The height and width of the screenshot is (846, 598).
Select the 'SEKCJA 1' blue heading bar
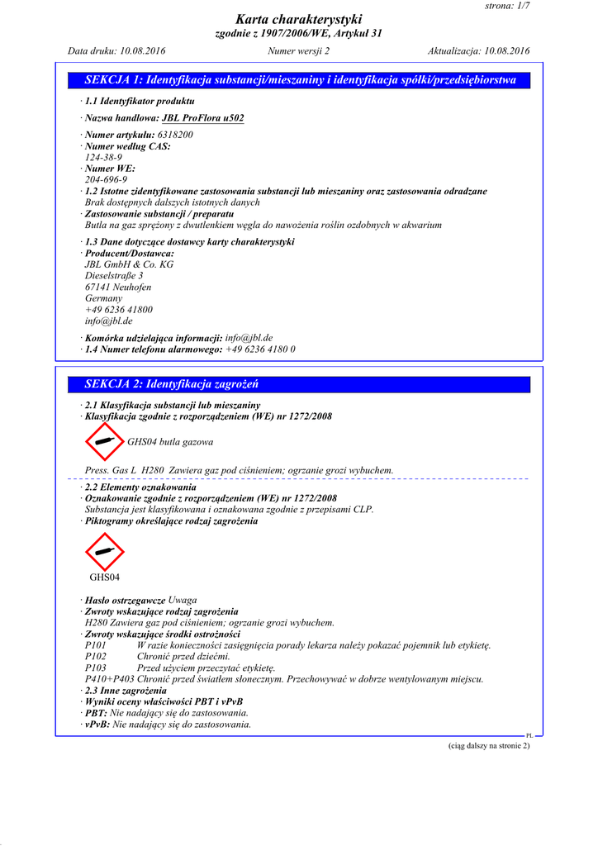(300, 80)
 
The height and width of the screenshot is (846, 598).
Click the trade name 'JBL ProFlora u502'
(202, 118)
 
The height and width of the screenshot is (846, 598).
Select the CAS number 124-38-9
(104, 157)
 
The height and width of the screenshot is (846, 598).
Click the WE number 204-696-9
(106, 179)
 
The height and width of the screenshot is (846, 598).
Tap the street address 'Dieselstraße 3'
(114, 276)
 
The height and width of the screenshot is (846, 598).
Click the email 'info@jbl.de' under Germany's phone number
(108, 321)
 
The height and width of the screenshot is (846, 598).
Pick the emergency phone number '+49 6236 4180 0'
(260, 349)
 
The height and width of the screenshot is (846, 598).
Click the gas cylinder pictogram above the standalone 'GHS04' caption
(104, 551)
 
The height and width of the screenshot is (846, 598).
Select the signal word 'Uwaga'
(183, 600)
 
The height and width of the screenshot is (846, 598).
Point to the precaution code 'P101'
(96, 645)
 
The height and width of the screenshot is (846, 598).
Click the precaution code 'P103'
(96, 668)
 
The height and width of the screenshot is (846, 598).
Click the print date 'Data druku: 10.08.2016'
(116, 51)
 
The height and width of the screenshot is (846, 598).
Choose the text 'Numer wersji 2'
(299, 51)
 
